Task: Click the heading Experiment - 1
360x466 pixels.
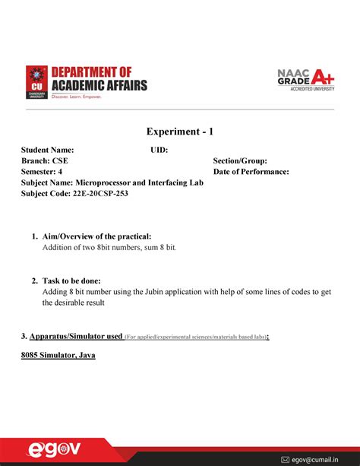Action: (179, 132)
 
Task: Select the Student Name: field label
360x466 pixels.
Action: (47, 151)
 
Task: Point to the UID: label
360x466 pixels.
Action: (159, 151)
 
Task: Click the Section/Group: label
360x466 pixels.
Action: (240, 161)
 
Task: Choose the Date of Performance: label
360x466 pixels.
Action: (251, 172)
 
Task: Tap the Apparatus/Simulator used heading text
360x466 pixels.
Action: (72, 335)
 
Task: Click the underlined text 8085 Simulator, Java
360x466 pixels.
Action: (58, 354)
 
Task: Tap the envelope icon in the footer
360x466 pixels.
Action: (285, 458)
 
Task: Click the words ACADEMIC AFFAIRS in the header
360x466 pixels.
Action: (99, 85)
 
